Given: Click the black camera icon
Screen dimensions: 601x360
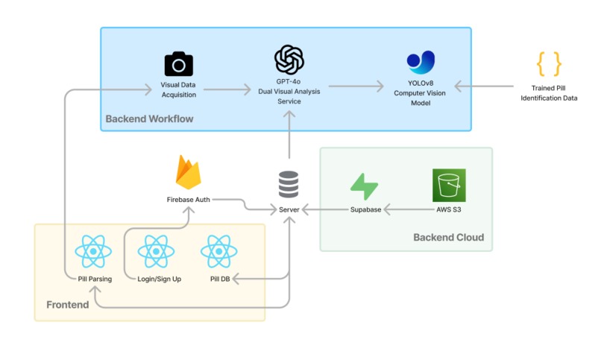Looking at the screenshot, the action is [179, 64].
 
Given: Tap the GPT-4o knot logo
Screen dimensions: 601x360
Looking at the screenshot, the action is [289, 60].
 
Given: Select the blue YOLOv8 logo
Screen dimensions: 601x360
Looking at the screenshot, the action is [421, 62].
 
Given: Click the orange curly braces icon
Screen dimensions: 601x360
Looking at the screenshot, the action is [549, 64].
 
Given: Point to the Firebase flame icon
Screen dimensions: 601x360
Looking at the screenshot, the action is [188, 172].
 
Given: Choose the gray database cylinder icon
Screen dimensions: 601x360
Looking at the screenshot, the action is [289, 184].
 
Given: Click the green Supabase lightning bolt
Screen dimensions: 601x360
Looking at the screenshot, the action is [364, 186].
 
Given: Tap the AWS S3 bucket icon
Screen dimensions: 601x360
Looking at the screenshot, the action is [449, 185].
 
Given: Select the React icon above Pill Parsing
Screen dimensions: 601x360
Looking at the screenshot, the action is [93, 251].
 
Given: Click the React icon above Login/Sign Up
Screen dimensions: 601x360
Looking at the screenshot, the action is [156, 251].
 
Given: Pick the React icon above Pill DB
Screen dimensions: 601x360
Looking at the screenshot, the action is [219, 251].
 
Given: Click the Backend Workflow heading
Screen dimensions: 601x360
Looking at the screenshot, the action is [149, 119].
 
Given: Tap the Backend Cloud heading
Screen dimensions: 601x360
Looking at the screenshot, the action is [448, 238].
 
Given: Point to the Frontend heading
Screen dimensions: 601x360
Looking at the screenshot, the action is [67, 305].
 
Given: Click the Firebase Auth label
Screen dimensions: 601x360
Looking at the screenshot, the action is [188, 200].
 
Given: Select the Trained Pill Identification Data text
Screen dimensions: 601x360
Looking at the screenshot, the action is [549, 93].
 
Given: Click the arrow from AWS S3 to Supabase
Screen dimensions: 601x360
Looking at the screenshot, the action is [409, 209].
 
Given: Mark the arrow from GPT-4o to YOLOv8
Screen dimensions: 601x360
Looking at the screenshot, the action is [356, 86].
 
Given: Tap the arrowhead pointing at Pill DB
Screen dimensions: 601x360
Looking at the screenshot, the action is [236, 279].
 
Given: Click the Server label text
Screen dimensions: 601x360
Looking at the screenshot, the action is [289, 209].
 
